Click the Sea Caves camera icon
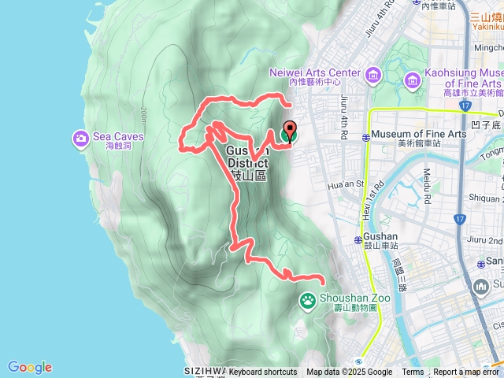(81, 139)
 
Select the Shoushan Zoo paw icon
(307, 299)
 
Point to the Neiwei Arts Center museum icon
(372, 76)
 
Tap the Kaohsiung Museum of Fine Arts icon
(412, 80)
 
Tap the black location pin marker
(289, 131)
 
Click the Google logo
(30, 367)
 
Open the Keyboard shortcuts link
(263, 372)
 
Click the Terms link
(413, 372)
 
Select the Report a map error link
(466, 372)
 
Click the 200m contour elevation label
(141, 116)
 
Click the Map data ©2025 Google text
(349, 372)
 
